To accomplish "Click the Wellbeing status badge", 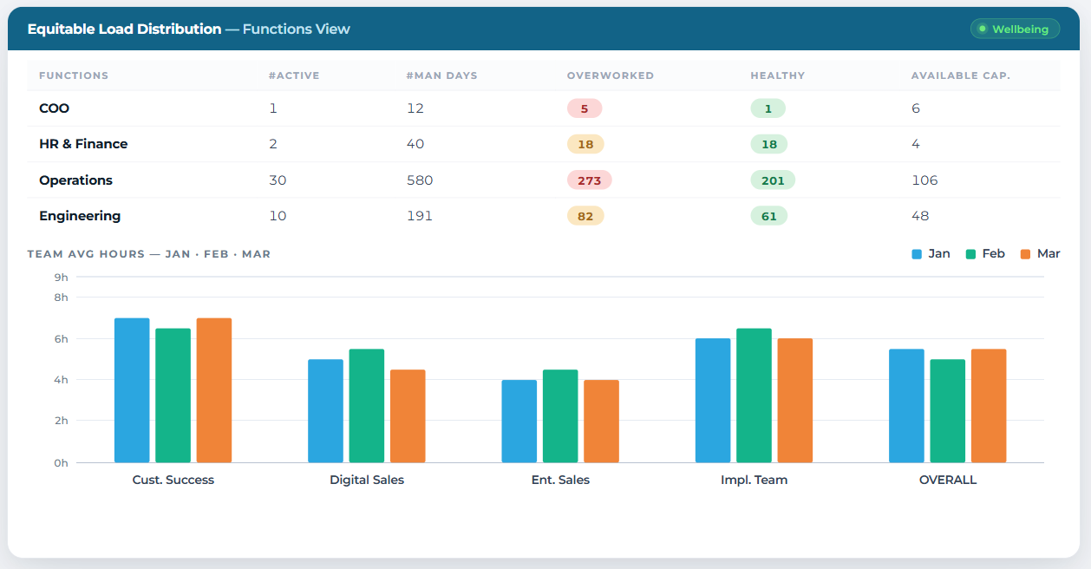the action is click(x=1015, y=29).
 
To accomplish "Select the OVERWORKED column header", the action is click(x=611, y=75).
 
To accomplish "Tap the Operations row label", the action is click(x=76, y=180).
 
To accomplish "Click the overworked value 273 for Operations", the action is click(x=590, y=180).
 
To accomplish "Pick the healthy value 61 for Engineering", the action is click(x=769, y=216).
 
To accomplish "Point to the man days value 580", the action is click(x=420, y=180).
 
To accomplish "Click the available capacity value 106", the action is click(x=924, y=180).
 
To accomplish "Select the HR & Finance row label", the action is click(x=83, y=144).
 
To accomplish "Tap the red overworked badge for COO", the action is click(x=585, y=108).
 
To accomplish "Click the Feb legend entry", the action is click(x=985, y=254).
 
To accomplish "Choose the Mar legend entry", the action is click(x=1041, y=254).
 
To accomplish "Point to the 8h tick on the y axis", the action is click(x=61, y=298).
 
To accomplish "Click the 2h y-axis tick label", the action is click(x=61, y=421).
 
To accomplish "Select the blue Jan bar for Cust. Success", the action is click(x=132, y=390).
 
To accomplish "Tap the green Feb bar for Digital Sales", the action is click(x=367, y=406).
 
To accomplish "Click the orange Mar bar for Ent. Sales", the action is click(x=602, y=421).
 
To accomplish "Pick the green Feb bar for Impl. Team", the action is click(x=754, y=396).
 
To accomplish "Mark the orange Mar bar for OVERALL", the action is click(x=989, y=406).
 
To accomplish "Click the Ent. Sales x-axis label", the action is click(x=560, y=480).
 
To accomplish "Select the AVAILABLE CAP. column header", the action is click(x=961, y=75).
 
